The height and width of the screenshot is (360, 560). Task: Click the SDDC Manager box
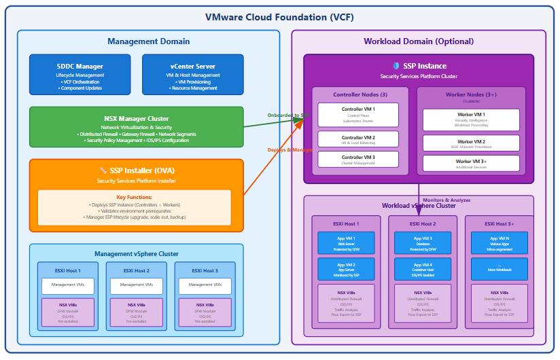[x=80, y=75]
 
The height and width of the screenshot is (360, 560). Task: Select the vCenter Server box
[x=192, y=75]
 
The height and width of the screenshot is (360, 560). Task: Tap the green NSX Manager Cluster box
[x=136, y=126]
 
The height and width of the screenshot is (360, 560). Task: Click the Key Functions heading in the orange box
[x=134, y=197]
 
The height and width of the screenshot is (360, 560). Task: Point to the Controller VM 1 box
[x=358, y=114]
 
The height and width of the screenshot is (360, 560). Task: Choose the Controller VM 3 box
[x=358, y=160]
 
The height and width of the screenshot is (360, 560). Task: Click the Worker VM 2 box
[x=471, y=143]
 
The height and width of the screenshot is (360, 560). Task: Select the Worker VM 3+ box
[x=471, y=163]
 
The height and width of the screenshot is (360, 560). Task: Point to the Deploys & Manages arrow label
[x=290, y=149]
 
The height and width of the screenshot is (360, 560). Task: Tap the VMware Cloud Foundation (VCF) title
[x=279, y=17]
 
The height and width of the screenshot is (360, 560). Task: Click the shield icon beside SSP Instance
[x=396, y=66]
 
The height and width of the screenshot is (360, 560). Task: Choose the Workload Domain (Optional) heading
[x=417, y=41]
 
